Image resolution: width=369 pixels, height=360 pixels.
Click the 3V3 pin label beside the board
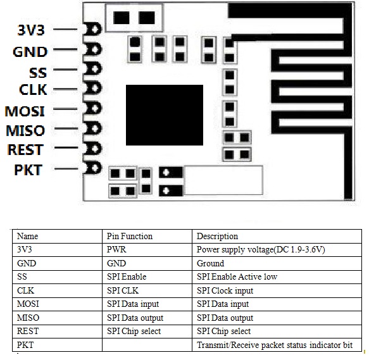(x=31, y=30)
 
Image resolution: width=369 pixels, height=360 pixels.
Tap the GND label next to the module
(x=30, y=52)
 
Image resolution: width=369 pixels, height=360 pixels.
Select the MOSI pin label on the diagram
(x=25, y=111)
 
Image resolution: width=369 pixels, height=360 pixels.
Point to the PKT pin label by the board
(x=28, y=170)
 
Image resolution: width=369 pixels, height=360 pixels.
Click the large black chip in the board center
(x=165, y=115)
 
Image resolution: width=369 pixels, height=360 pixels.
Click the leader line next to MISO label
(x=66, y=128)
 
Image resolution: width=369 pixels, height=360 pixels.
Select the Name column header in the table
(x=28, y=236)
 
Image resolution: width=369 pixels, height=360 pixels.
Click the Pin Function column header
(x=130, y=236)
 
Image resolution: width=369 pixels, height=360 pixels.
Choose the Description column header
(x=217, y=237)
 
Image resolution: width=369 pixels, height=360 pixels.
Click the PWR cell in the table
(x=116, y=249)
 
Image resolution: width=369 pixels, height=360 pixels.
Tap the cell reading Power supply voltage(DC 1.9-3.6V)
(x=261, y=250)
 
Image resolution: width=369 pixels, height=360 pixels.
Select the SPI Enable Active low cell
(x=237, y=276)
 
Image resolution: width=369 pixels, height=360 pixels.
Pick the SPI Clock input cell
(x=225, y=291)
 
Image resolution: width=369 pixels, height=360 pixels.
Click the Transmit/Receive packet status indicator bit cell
(x=275, y=345)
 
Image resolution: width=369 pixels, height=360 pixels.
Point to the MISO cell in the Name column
(x=28, y=318)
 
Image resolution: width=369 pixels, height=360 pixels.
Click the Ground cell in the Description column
(x=210, y=263)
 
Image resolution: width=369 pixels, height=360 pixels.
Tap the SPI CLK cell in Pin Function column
(x=123, y=290)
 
